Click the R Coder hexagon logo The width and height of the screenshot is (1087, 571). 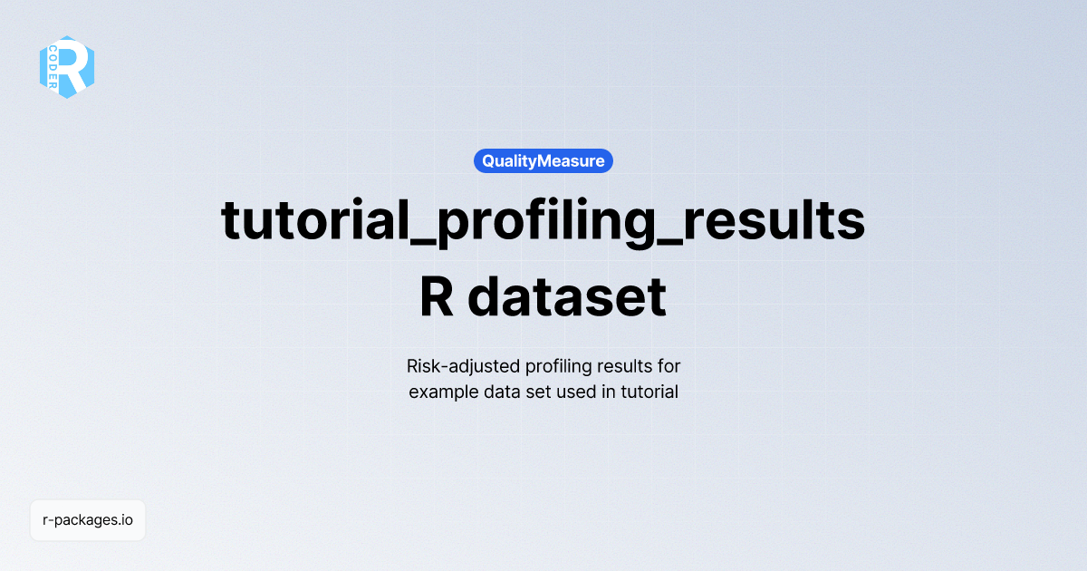pyautogui.click(x=67, y=67)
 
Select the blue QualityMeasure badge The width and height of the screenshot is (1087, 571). pyautogui.click(x=543, y=161)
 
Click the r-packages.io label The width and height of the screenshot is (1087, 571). pyautogui.click(x=88, y=520)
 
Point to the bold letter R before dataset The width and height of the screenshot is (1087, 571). pyautogui.click(x=437, y=296)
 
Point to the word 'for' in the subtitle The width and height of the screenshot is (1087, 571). pyautogui.click(x=669, y=367)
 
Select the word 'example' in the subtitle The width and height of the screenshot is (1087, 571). pyautogui.click(x=440, y=392)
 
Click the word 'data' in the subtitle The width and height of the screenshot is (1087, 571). pyautogui.click(x=496, y=392)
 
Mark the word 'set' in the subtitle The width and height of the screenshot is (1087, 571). pyautogui.click(x=535, y=392)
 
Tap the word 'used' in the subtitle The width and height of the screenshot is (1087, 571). pyautogui.click(x=573, y=392)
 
